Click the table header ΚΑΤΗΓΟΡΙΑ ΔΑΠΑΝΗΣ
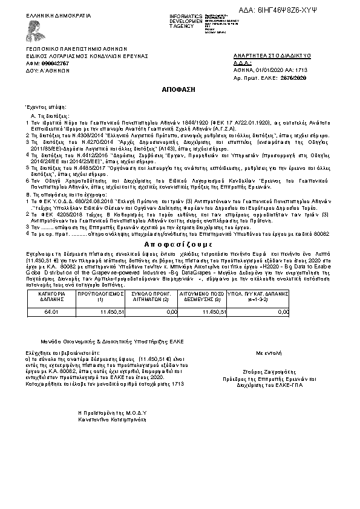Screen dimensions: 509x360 pyautogui.click(x=50, y=294)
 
